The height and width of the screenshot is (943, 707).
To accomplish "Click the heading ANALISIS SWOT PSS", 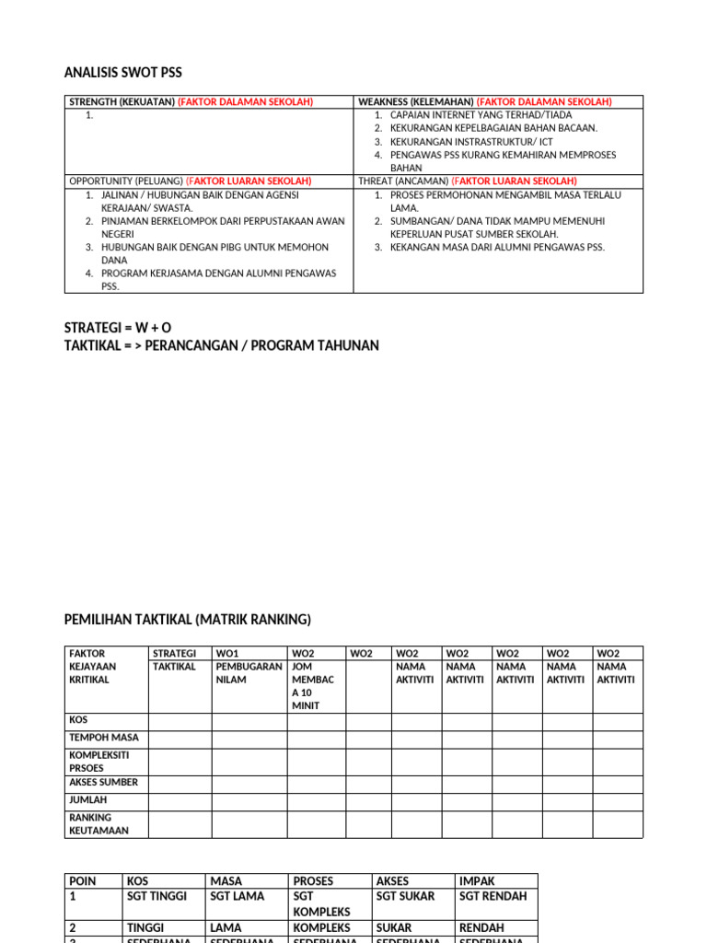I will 129,73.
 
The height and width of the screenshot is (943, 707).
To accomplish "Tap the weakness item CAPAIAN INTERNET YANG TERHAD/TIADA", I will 481,115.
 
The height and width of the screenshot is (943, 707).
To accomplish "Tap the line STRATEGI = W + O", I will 118,328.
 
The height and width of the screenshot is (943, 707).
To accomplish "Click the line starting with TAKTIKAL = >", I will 221,345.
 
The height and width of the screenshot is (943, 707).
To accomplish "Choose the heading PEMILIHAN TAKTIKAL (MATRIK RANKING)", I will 188,619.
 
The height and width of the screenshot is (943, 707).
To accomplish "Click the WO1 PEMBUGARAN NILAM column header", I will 249,666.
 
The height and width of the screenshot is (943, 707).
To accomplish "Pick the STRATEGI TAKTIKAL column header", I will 174,659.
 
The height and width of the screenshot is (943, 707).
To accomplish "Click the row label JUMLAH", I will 88,800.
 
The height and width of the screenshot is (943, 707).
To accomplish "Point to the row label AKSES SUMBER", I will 103,782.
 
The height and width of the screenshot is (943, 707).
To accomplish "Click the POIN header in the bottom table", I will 82,880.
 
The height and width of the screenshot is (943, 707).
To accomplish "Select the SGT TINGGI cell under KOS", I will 156,896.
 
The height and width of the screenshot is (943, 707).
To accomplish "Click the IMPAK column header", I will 477,880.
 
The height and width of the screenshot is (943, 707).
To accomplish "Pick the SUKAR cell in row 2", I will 394,927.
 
